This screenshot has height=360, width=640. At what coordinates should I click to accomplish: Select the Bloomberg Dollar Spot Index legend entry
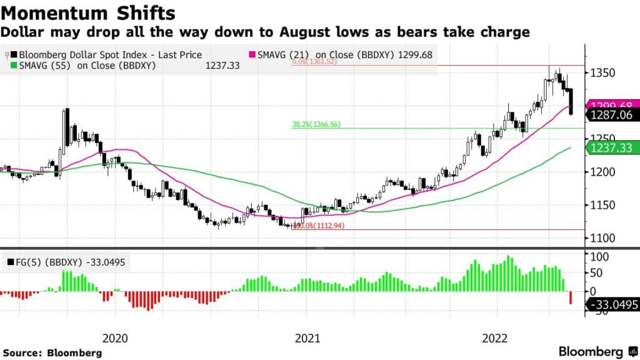pos(106,54)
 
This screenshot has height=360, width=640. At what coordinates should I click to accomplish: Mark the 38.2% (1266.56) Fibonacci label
pos(316,124)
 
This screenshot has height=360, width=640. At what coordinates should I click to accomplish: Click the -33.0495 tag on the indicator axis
pos(611,305)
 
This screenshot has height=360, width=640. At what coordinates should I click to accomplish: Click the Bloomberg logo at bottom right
pos(591,351)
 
